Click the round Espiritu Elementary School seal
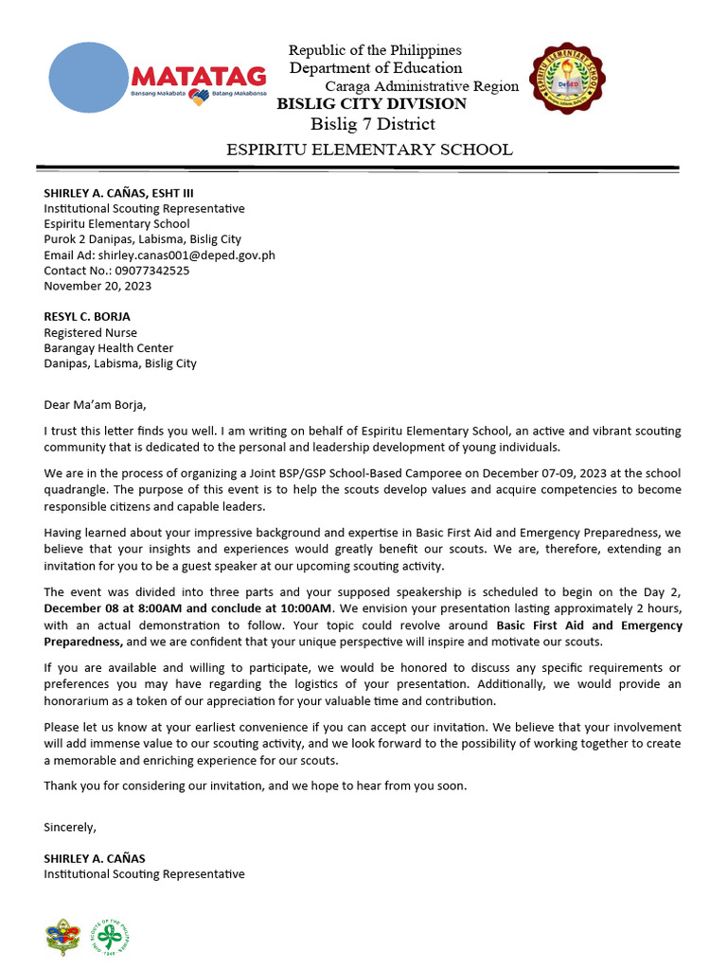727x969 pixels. coord(567,90)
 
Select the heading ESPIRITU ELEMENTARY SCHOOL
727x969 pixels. coord(368,150)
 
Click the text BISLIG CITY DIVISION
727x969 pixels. coord(371,104)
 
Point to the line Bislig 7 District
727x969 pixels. coord(373,125)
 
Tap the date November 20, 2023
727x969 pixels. coord(98,285)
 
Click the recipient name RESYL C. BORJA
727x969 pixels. coord(87,316)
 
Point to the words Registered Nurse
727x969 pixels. coord(90,332)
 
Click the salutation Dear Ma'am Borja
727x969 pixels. coord(96,405)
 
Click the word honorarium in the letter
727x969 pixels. coord(85,701)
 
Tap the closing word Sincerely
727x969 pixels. coord(70,826)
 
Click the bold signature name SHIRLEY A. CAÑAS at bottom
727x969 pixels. coord(95,858)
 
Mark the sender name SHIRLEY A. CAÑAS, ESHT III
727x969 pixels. coord(118,193)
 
